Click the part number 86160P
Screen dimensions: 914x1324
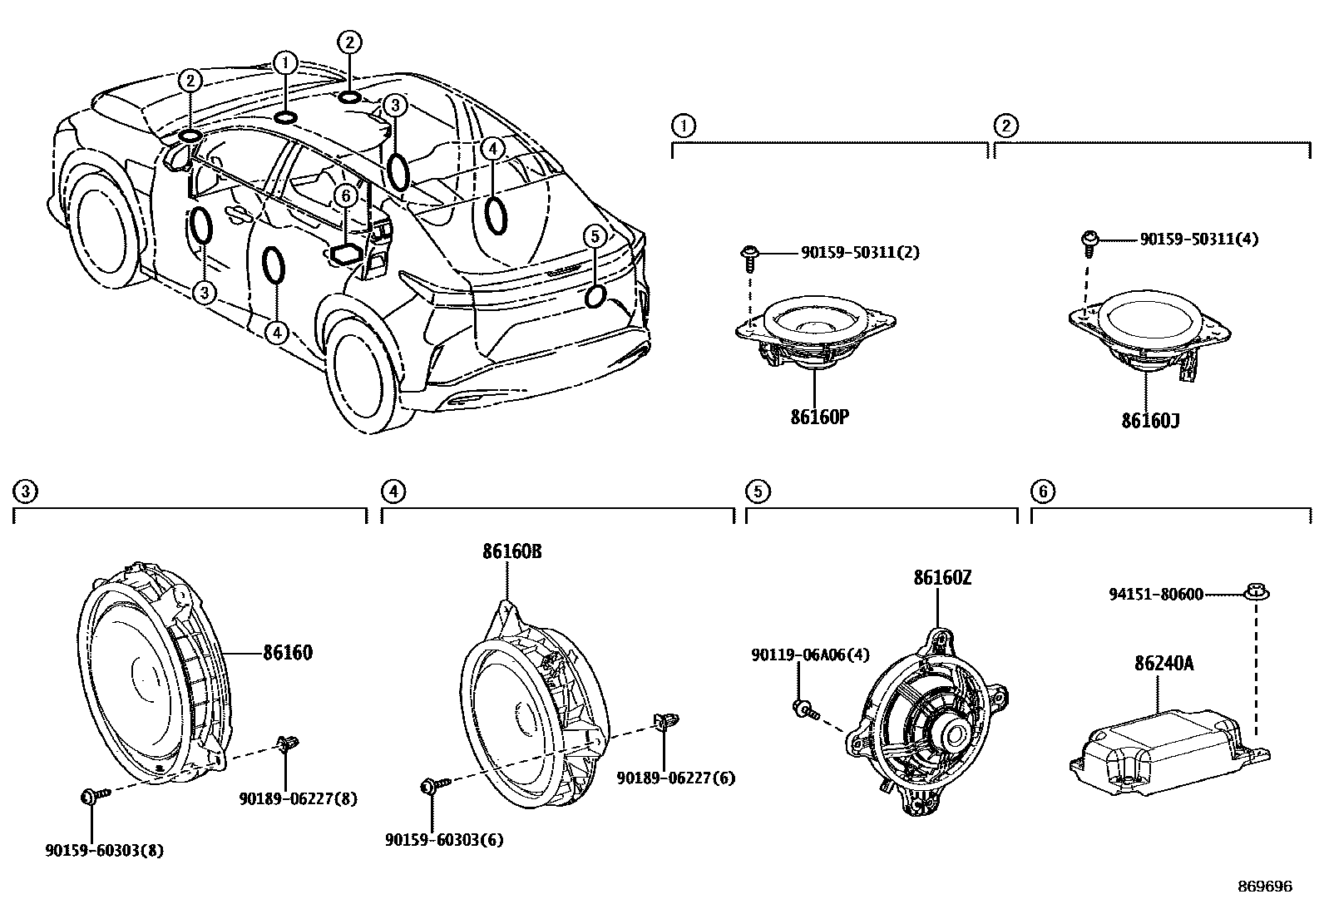[819, 417]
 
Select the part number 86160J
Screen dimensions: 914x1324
[1150, 421]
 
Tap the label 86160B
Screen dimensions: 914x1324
[511, 551]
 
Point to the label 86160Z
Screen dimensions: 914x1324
[942, 578]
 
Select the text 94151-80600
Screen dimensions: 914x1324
[1156, 595]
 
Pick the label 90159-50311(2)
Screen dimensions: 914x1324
[860, 252]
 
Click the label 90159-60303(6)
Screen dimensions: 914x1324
[444, 840]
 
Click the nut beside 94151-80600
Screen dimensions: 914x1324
[1255, 593]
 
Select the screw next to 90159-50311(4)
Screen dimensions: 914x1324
[1089, 240]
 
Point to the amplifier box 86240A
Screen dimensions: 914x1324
[1164, 748]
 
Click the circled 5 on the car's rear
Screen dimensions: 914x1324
[594, 236]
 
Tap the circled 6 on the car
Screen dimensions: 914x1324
[344, 195]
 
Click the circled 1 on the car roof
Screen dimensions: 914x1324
[284, 62]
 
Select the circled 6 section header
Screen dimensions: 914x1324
[1042, 492]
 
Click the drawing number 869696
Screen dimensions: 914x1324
[1265, 887]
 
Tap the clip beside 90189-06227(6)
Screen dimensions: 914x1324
[664, 721]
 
